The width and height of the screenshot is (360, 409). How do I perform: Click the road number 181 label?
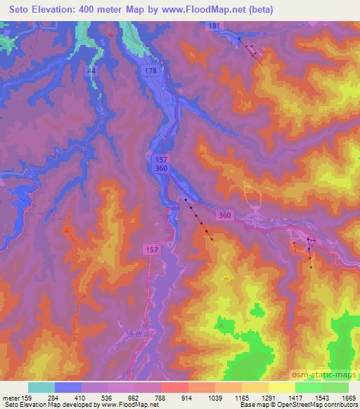[214, 26]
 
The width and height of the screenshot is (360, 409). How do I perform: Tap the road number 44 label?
[91, 71]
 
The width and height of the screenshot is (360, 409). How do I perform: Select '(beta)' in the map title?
[259, 10]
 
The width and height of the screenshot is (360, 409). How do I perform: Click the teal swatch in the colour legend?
[41, 387]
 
